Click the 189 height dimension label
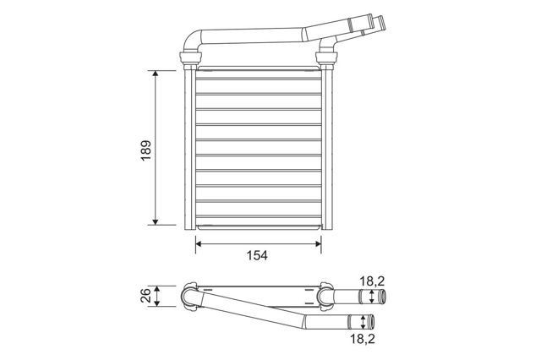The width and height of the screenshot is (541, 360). click(x=146, y=150)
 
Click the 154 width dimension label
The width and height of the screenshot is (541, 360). click(x=257, y=255)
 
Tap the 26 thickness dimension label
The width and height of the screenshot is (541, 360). click(x=145, y=296)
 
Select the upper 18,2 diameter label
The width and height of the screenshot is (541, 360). click(x=372, y=281)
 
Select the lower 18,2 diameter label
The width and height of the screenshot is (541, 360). click(x=363, y=339)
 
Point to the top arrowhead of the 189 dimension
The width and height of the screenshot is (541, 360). click(x=156, y=74)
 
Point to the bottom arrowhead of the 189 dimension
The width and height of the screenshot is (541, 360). click(x=156, y=221)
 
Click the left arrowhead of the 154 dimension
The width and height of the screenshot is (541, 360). click(x=199, y=243)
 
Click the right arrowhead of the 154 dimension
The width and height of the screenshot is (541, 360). click(x=318, y=243)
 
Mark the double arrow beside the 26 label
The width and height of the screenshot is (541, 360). click(x=157, y=296)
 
